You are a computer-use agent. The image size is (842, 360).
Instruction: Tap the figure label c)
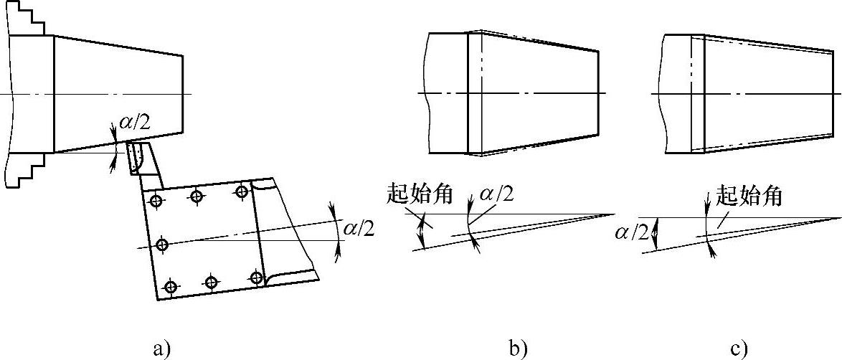tap(739, 349)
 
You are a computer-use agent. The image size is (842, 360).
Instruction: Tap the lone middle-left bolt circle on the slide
tap(163, 245)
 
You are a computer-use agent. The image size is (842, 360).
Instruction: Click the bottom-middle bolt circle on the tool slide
tap(211, 283)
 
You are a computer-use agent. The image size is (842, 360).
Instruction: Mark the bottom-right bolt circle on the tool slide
tap(257, 277)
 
